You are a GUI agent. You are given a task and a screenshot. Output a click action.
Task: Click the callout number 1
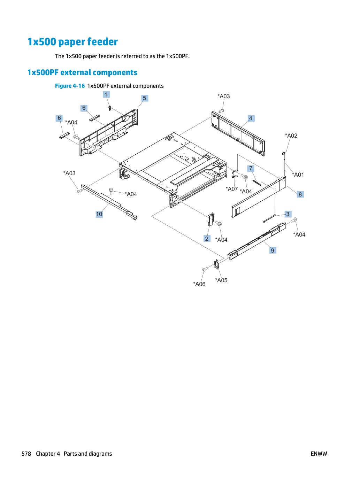pos(106,94)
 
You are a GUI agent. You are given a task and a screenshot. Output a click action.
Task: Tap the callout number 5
pos(145,98)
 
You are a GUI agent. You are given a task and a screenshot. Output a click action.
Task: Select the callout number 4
pos(251,118)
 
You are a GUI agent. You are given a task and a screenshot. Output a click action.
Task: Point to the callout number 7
pos(251,169)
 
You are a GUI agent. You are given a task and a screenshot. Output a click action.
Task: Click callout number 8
pos(300,194)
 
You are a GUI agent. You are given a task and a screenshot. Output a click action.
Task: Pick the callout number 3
pos(288,214)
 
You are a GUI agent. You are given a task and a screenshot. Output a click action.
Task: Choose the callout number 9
pos(273,250)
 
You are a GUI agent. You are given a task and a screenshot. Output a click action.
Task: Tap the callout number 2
pos(207,239)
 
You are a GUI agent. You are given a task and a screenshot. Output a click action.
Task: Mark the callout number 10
pos(99,214)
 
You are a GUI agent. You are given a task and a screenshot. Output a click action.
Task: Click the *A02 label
pos(291,136)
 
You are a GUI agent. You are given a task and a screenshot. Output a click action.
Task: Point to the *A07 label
pos(232,189)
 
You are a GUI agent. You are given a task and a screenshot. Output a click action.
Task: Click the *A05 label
pos(221,280)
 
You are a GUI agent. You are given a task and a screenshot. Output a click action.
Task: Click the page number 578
pos(26,454)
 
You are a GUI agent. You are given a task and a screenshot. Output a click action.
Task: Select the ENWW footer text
pos(319,454)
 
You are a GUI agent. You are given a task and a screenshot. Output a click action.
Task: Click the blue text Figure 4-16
pos(70,86)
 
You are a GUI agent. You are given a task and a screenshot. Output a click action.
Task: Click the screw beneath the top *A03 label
pos(221,111)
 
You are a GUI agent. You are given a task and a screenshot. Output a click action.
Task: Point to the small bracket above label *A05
pos(217,264)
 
